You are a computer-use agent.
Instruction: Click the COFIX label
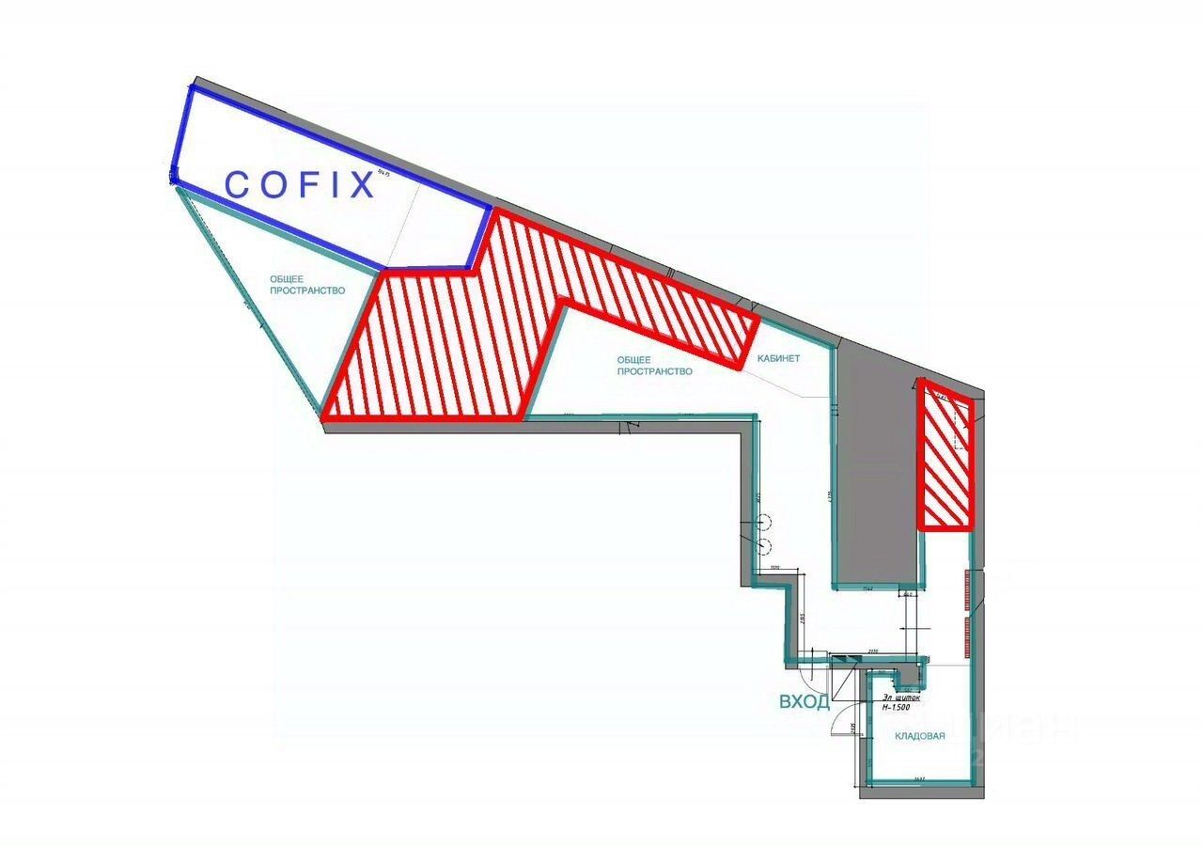click(x=300, y=184)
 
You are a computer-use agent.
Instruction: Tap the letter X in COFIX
click(x=362, y=184)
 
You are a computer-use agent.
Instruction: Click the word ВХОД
click(x=804, y=701)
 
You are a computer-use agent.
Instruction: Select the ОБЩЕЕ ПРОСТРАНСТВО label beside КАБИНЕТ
click(x=654, y=366)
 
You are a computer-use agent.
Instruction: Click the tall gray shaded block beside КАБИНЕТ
click(x=874, y=470)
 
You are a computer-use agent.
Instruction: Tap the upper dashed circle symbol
click(x=764, y=523)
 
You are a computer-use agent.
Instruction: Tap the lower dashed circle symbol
click(x=764, y=545)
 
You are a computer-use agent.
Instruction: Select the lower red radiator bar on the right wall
click(x=966, y=638)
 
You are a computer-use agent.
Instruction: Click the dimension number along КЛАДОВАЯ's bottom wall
click(x=920, y=778)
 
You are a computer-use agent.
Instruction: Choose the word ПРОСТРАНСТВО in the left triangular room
click(x=307, y=290)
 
